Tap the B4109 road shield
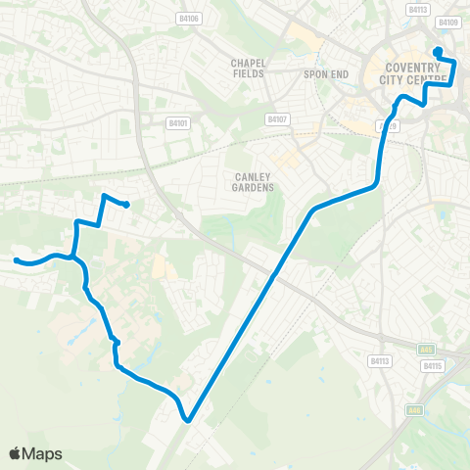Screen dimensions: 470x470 [448, 22]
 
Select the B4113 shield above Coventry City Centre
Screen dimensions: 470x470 [417, 9]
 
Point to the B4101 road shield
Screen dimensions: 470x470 [177, 123]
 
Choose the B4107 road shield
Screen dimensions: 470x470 [277, 119]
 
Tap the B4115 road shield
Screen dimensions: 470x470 [433, 365]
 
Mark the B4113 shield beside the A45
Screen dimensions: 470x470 [380, 360]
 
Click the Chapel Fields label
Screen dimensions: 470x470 [249, 67]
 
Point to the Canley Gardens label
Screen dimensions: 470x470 [252, 181]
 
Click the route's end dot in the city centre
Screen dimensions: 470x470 [437, 51]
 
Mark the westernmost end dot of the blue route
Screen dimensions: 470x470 [17, 259]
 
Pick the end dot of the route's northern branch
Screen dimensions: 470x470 [127, 205]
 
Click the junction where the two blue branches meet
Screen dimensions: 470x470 [72, 257]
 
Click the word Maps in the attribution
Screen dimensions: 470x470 [43, 453]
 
